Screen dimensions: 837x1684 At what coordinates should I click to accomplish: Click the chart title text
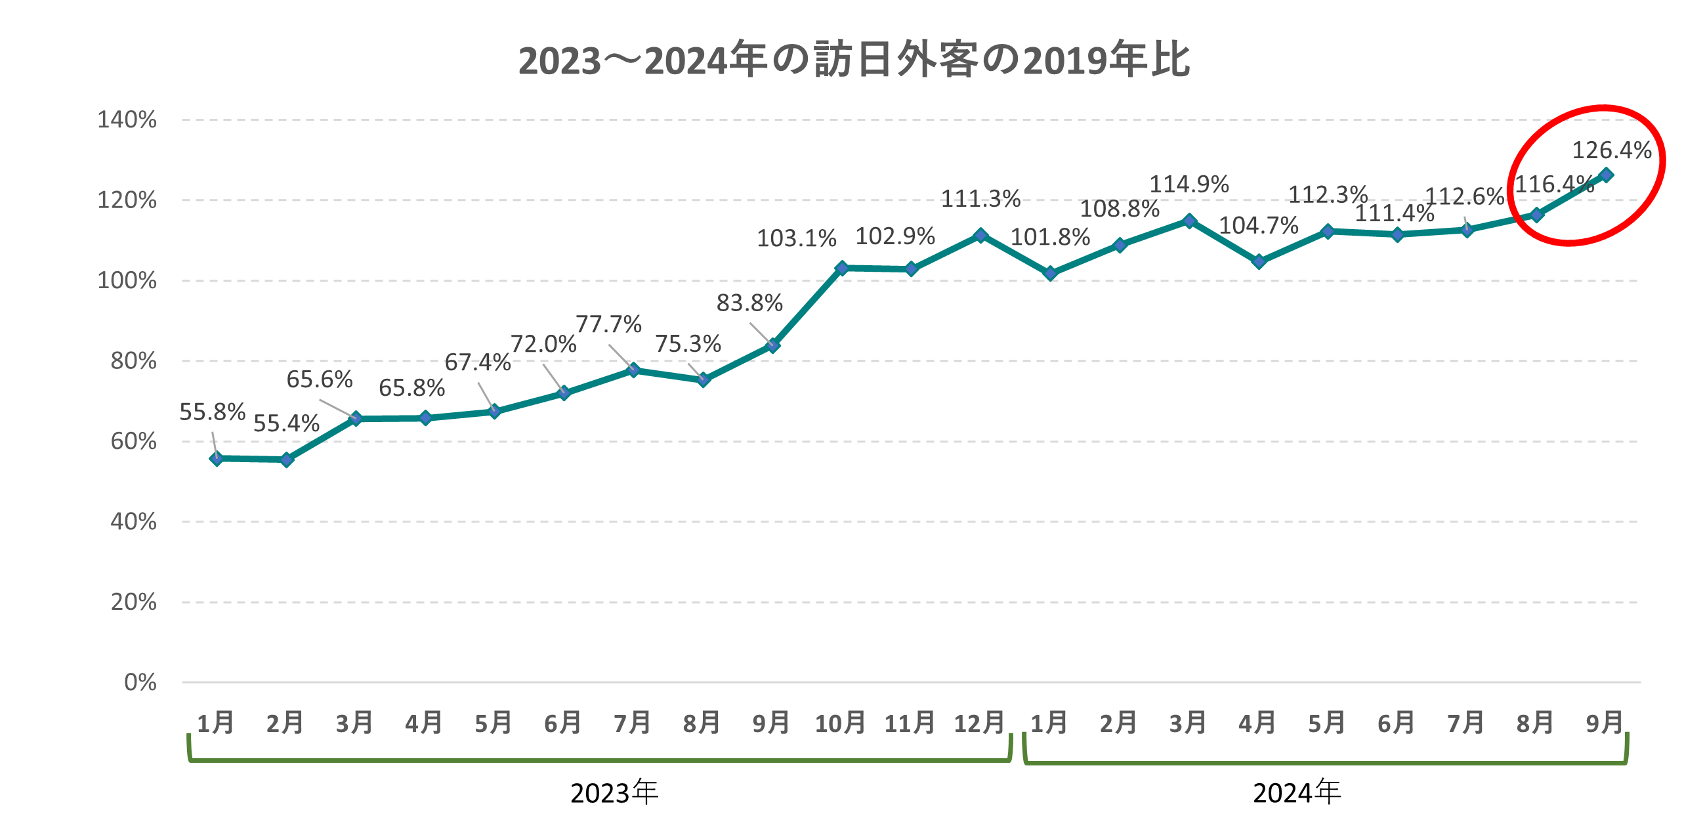click(x=853, y=60)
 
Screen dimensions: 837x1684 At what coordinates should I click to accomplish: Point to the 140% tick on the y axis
click(x=127, y=120)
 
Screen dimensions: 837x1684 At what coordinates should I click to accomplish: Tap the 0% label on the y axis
click(x=140, y=683)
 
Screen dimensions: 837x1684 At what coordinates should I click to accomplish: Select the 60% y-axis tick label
click(x=134, y=441)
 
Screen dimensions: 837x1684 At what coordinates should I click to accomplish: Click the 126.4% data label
click(x=1611, y=150)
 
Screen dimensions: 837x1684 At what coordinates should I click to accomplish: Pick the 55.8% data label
click(x=212, y=412)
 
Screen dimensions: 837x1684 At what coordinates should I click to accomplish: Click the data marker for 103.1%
click(x=842, y=268)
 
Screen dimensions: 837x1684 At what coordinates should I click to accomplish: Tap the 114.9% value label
click(x=1189, y=184)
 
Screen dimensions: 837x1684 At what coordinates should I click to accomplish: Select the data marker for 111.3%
click(x=980, y=235)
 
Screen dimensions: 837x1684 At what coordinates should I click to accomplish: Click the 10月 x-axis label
click(x=840, y=723)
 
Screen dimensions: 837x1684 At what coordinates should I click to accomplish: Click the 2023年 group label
click(x=614, y=793)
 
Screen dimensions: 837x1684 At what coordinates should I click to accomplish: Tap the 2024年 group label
click(x=1297, y=793)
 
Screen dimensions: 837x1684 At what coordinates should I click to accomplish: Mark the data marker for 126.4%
click(x=1606, y=175)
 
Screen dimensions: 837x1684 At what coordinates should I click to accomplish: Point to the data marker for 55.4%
click(x=287, y=460)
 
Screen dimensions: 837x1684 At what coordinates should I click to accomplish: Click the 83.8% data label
click(x=749, y=303)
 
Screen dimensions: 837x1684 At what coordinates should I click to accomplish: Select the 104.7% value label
click(x=1258, y=226)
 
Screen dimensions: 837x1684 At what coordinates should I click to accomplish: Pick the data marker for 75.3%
click(x=704, y=379)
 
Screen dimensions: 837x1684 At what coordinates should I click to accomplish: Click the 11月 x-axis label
click(x=910, y=723)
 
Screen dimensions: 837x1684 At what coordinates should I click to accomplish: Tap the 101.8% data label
click(x=1050, y=237)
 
